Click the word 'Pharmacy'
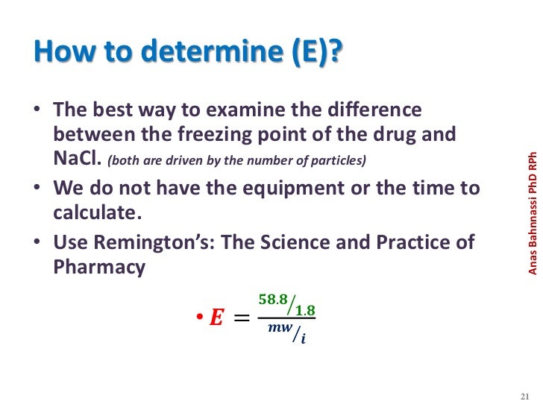point(99,268)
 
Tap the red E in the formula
point(216,318)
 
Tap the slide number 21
point(523,395)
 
